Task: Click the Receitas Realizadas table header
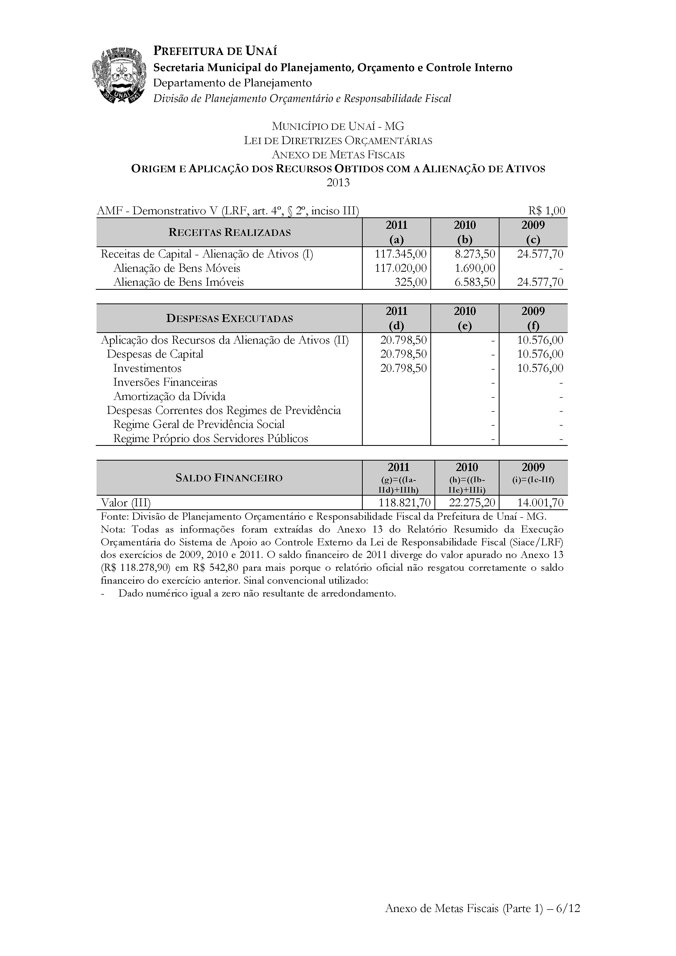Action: click(229, 232)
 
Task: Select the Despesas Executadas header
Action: click(229, 318)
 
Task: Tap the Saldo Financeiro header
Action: click(229, 478)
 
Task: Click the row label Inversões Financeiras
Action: click(165, 382)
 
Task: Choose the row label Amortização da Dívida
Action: click(169, 396)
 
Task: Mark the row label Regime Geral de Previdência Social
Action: click(199, 424)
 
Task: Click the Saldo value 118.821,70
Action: click(404, 502)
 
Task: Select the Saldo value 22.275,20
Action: click(472, 502)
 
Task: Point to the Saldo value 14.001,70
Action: click(540, 502)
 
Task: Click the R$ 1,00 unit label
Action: click(546, 211)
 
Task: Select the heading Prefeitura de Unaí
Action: click(215, 51)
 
